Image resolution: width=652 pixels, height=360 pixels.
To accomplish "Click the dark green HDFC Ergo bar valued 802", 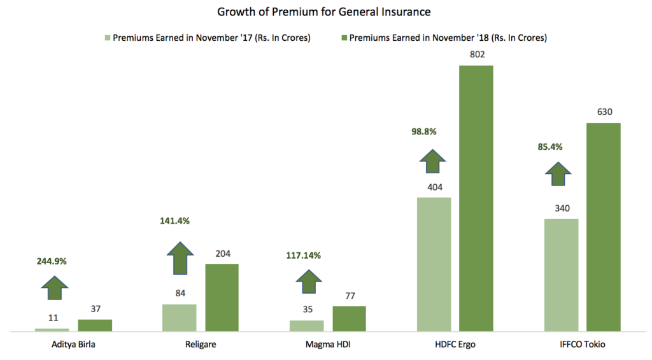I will point(477,198).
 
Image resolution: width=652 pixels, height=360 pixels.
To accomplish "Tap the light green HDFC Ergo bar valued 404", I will point(434,264).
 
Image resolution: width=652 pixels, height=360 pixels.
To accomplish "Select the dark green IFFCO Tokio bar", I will point(604,226).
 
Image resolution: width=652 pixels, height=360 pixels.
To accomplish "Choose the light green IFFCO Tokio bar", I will point(561,275).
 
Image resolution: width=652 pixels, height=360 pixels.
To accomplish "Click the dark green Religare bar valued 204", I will point(222,297).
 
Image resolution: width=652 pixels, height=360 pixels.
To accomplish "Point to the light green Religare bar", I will point(179,317).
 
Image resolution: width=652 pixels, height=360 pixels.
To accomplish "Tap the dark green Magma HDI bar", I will point(349,318).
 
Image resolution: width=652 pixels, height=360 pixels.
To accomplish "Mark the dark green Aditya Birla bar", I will point(95,325).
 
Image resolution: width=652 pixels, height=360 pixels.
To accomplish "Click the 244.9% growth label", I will point(52,261).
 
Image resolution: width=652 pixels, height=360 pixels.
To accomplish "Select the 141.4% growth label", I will point(174,221).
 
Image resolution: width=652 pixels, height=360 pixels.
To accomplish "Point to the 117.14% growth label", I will point(303,255).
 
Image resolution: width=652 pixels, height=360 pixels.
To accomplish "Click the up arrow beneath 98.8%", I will point(433,162).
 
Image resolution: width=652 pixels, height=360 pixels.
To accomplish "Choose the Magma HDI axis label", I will point(328,345).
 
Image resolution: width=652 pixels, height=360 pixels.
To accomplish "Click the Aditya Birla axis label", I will point(73,345).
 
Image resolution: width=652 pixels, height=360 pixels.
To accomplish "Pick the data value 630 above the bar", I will point(604,112).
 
